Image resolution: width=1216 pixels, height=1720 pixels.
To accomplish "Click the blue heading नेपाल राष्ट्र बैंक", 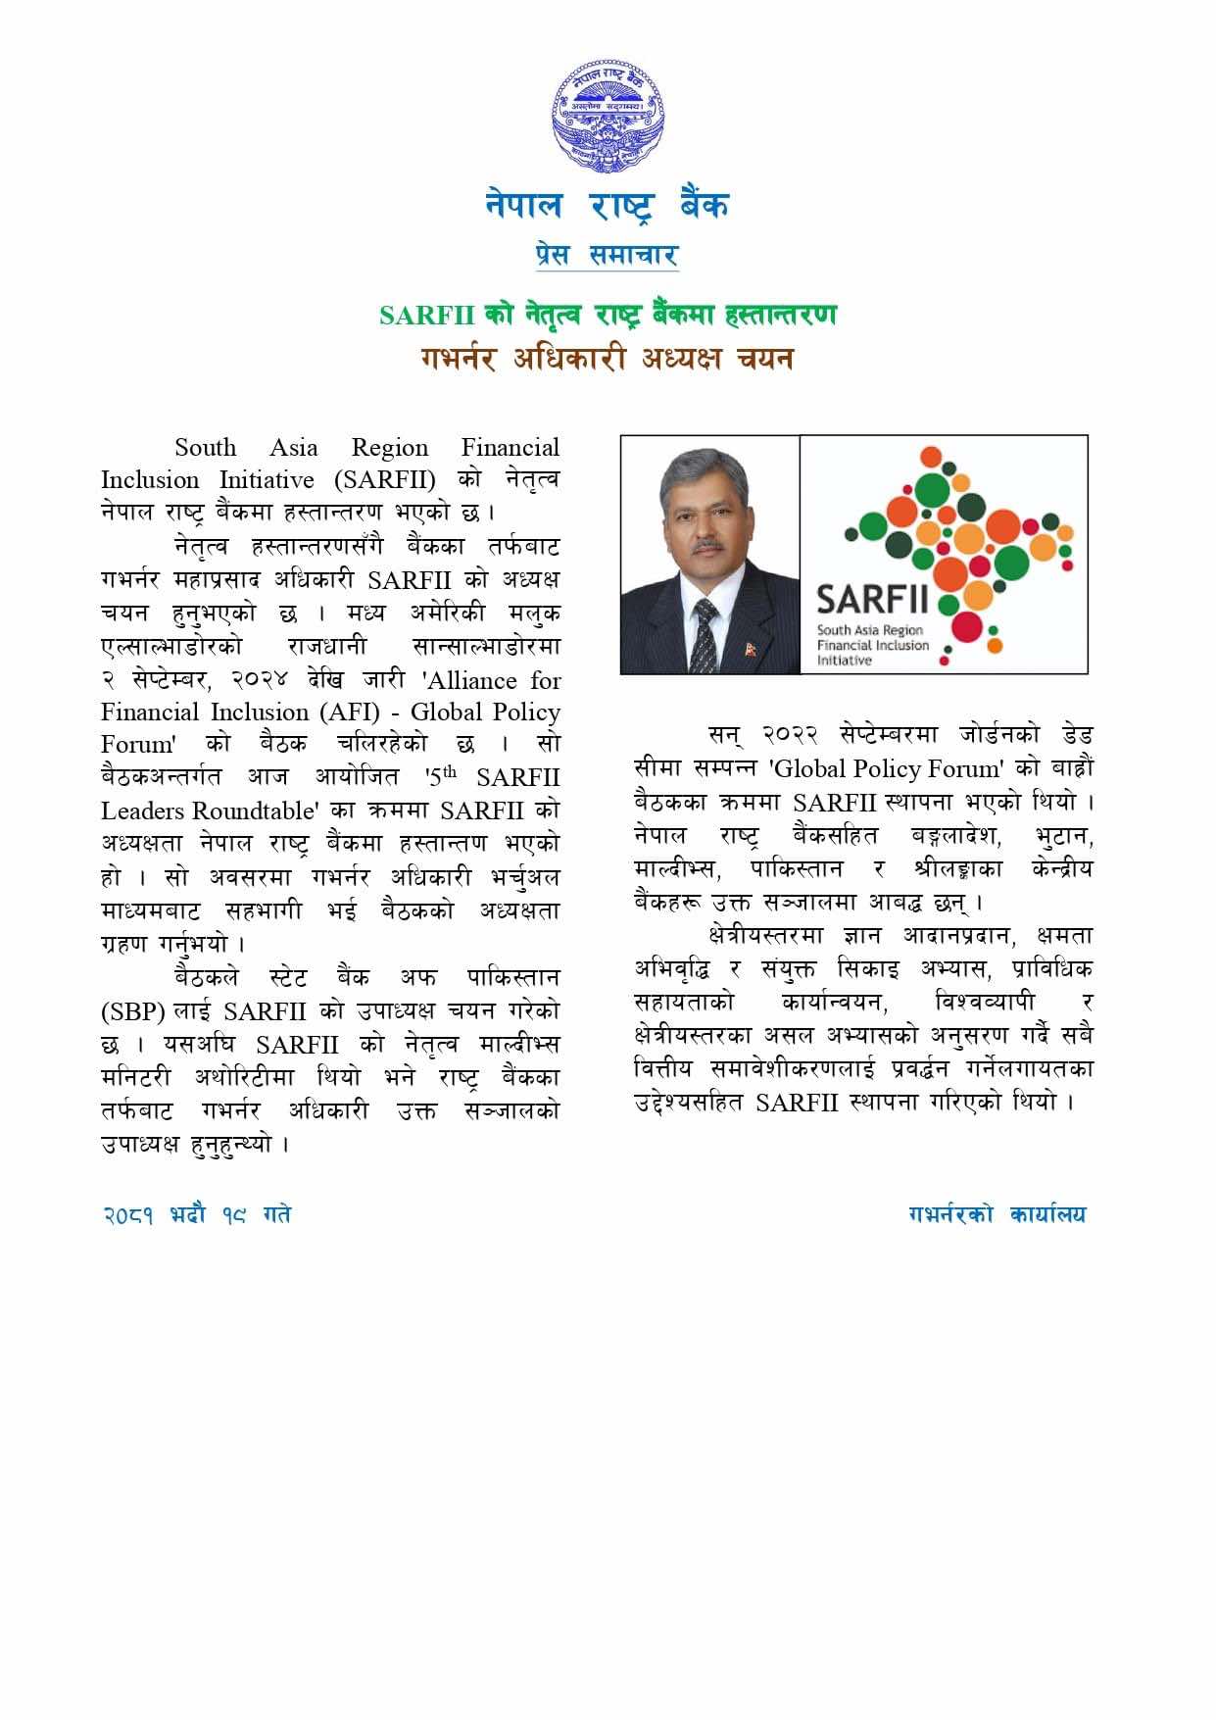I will point(608,205).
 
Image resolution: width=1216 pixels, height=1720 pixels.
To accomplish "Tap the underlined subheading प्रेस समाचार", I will point(608,255).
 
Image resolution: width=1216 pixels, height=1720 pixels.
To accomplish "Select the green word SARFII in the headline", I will point(427,316).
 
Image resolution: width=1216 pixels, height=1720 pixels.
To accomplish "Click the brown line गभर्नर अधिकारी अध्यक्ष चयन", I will point(608,359).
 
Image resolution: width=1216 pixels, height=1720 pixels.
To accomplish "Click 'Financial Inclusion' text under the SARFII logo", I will point(873,646).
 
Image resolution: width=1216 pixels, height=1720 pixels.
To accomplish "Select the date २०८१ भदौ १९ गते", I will point(197,1215).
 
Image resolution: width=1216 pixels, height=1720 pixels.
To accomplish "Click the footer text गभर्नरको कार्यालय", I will point(997,1215).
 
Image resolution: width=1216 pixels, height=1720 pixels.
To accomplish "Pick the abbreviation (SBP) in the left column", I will point(133,1010).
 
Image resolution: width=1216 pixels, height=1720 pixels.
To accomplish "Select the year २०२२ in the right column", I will point(790,735).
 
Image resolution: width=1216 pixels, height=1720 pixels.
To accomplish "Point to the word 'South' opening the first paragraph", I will point(206,448).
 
